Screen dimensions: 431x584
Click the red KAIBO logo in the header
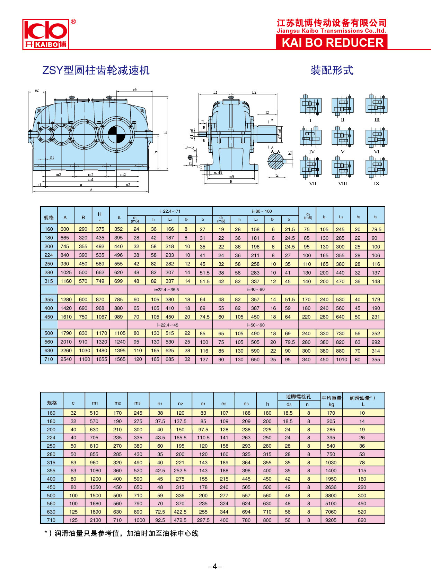45,34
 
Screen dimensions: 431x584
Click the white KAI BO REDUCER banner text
332,43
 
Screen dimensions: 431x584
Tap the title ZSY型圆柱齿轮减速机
96,70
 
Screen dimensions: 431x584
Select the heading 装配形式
332,70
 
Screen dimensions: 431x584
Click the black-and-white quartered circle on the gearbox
116,135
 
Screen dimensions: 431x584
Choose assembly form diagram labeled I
310,105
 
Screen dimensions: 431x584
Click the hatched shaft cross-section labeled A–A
276,162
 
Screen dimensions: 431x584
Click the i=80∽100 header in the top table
256,211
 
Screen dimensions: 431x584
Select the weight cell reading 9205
331,520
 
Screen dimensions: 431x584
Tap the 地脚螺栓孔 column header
298,397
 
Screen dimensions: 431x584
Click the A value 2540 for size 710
66,359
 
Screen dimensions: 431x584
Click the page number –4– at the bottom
215,566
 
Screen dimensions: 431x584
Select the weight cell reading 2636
331,487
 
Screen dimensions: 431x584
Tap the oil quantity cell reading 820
362,520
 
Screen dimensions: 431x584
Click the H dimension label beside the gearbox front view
165,133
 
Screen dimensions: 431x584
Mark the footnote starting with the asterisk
122,533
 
